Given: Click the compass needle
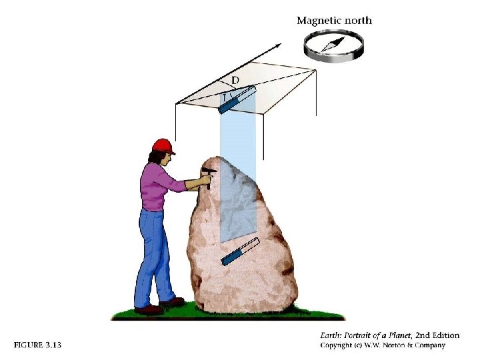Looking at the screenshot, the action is pos(333,44).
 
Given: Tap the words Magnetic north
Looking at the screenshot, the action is pos(334,21).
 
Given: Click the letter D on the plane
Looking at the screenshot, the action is pos(235,81).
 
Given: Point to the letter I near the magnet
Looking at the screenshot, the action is pos(225,98).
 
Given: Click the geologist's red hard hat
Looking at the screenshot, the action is pos(163,146).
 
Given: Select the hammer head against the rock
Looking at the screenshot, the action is pos(209,170).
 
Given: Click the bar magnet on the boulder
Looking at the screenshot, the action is pos(240,251).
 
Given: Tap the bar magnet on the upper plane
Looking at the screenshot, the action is pos(237,99).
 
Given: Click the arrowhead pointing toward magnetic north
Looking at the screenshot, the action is pos(277,46).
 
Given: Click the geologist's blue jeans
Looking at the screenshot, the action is pos(154,257).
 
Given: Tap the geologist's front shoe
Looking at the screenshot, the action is pos(172,302).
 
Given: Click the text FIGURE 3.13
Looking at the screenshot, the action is pos(37,345).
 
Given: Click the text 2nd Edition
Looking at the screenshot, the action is pos(437,335).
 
